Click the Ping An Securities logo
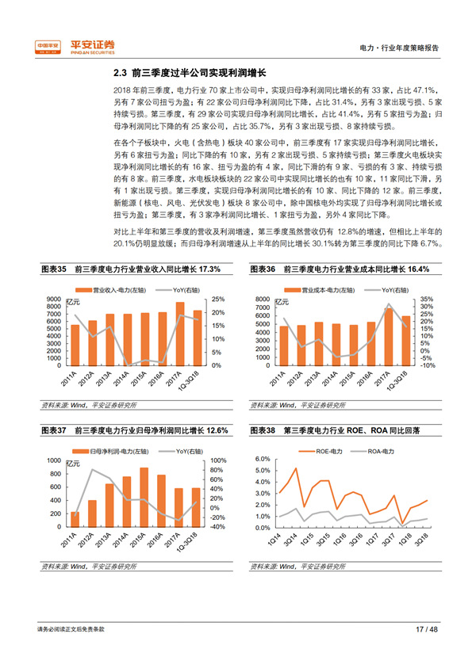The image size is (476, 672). [75, 46]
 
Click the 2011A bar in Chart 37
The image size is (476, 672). [75, 517]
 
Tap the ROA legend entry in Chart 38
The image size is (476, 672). [370, 451]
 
